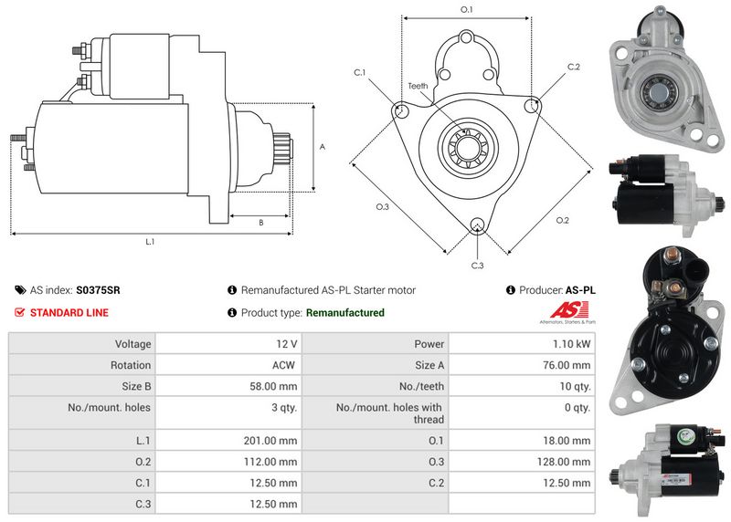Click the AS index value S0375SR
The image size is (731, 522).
98,290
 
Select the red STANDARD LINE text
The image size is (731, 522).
69,312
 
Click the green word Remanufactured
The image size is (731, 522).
344,312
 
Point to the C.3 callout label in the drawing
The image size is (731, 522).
477,265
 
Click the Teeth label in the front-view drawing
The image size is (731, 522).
418,86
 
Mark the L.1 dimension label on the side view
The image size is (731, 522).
151,242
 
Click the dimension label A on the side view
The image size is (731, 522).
322,146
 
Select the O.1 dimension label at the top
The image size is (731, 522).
466,9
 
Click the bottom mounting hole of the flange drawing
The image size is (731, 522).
476,226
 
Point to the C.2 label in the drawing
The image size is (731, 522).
574,67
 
